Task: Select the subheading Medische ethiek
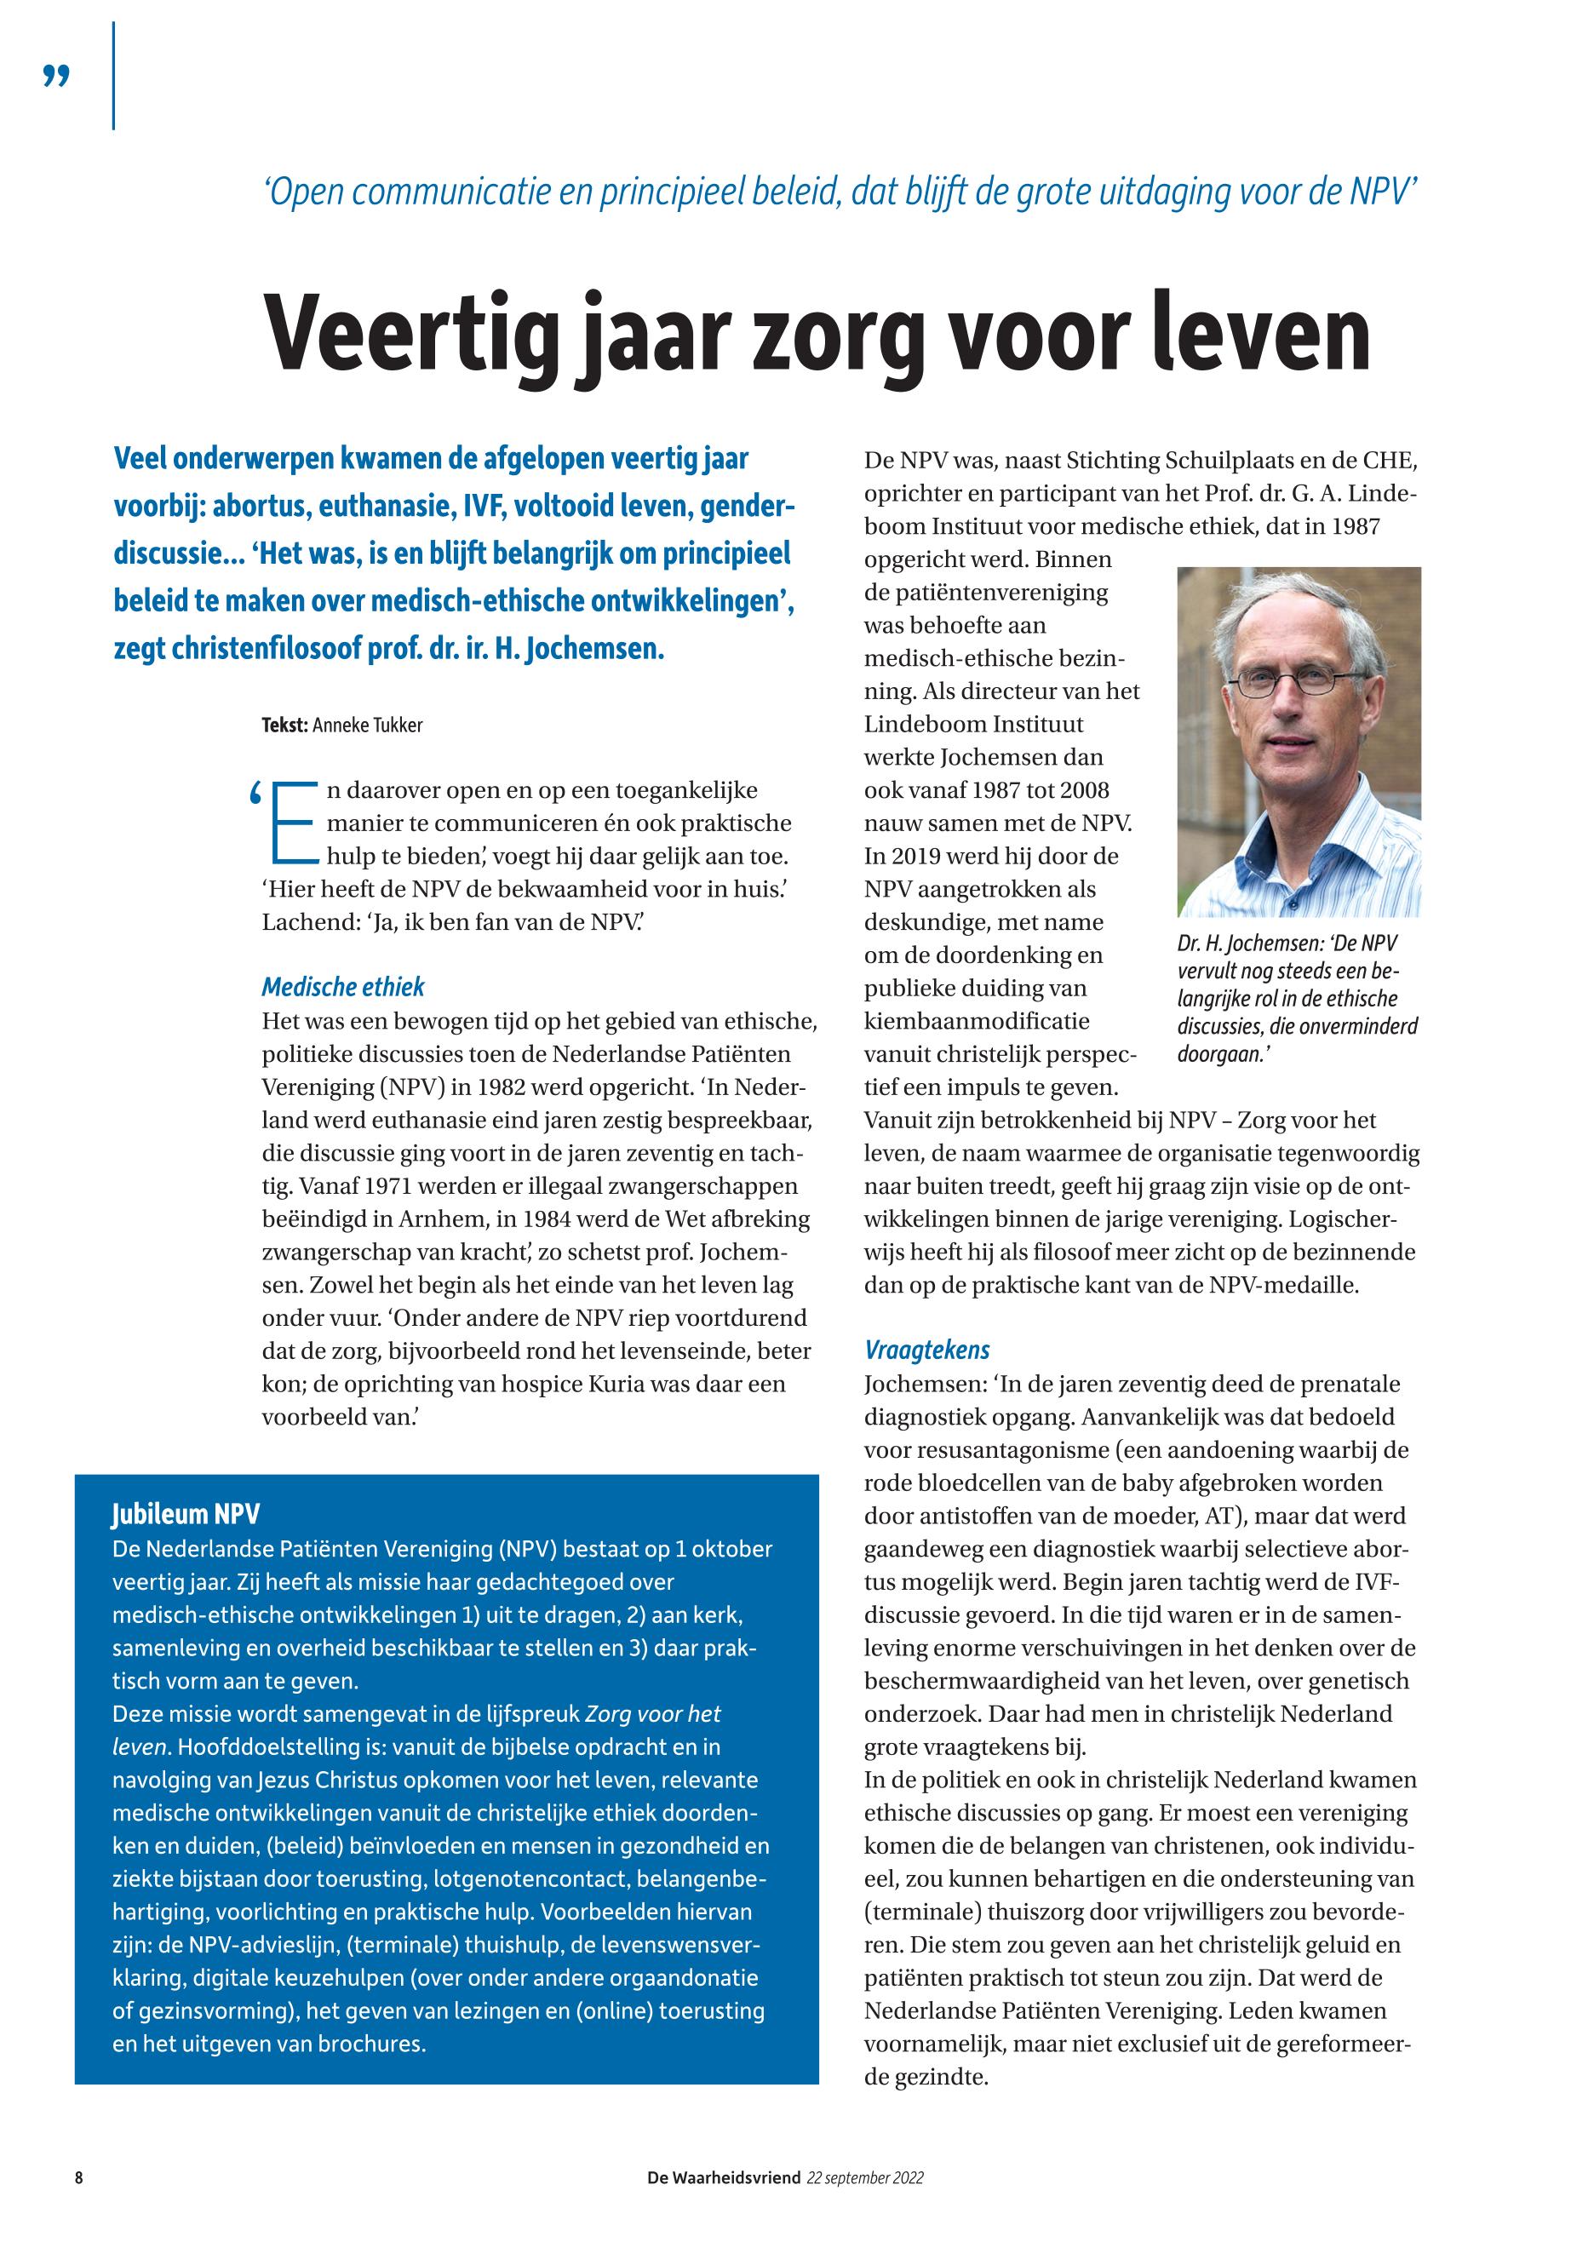point(342,987)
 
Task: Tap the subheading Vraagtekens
point(926,1350)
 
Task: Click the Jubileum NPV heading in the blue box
point(185,1514)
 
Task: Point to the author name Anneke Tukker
point(367,725)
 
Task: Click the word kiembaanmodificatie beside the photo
point(977,1021)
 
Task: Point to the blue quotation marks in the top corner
point(57,76)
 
